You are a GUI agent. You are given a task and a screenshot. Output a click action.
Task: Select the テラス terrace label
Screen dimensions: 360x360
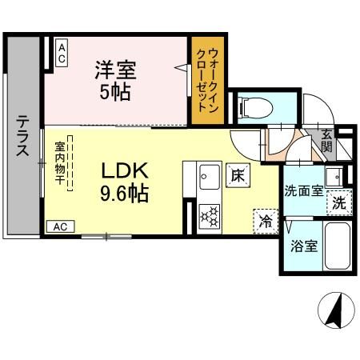click(x=23, y=136)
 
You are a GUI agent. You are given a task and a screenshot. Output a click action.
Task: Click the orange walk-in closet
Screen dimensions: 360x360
click(x=208, y=80)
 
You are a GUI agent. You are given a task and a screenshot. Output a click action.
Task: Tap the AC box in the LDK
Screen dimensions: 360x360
click(x=61, y=226)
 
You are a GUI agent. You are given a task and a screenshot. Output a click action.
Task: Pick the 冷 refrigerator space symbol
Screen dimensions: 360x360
click(x=264, y=220)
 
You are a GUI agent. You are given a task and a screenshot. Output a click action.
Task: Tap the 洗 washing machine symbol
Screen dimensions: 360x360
click(x=339, y=203)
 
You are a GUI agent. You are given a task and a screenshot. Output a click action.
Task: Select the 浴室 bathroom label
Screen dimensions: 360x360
click(x=304, y=246)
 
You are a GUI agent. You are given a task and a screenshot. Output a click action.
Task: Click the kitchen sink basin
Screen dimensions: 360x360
click(x=210, y=174)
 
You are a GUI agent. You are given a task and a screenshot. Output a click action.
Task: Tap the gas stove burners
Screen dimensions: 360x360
click(x=209, y=215)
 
